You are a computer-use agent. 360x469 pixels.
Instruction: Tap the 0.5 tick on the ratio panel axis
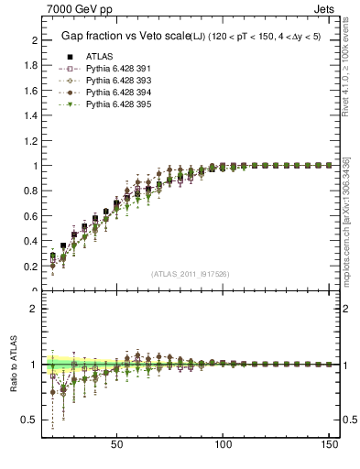point(29,420)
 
